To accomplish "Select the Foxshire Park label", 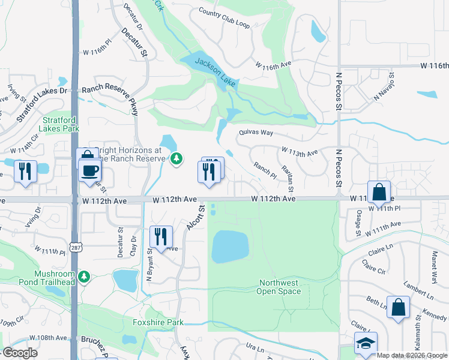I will [x=158, y=322].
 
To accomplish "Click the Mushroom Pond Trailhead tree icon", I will [x=85, y=276].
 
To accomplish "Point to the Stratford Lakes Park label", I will [x=59, y=124].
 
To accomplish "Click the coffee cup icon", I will [x=90, y=170].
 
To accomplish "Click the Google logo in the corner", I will [x=19, y=353].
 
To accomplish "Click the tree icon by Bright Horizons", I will [x=176, y=159].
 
